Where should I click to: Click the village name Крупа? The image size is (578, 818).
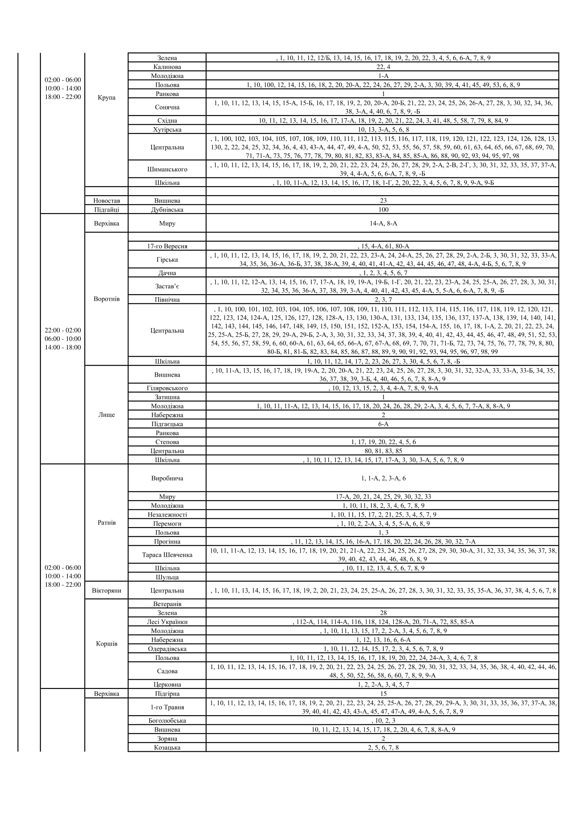107,98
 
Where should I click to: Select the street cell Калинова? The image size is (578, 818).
167,67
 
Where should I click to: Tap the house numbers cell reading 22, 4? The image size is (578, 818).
383,67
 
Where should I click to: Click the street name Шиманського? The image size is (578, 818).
167,169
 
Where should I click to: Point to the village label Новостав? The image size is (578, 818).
107,201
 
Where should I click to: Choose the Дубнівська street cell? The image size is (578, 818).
167,209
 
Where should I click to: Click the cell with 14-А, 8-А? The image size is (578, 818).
383,223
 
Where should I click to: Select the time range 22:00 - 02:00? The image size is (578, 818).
63,330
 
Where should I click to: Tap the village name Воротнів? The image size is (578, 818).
107,299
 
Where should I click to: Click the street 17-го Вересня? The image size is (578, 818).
167,246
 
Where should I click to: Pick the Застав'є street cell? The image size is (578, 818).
167,286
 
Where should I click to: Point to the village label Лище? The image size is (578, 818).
107,415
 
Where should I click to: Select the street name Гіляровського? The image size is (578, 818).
167,388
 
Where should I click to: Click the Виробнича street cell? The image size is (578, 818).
167,478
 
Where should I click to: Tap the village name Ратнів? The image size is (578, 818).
107,522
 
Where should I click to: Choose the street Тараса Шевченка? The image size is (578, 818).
167,555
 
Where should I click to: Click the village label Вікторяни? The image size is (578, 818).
107,590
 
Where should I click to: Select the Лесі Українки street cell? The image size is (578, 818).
167,622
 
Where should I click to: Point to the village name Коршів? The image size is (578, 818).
107,644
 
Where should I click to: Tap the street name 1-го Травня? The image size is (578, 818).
167,707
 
